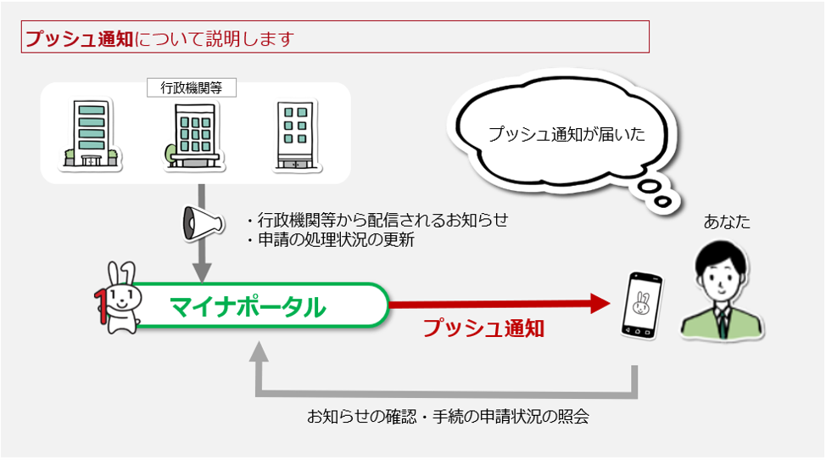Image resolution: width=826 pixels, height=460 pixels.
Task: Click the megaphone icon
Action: (x=203, y=223)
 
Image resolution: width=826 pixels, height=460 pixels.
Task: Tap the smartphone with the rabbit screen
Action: (x=642, y=305)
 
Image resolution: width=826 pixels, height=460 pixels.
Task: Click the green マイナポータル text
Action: (x=248, y=306)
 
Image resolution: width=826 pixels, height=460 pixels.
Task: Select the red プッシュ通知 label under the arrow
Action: (x=483, y=328)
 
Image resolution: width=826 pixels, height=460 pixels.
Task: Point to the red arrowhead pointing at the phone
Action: (x=600, y=304)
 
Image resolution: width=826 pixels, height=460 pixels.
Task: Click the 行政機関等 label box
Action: (x=191, y=88)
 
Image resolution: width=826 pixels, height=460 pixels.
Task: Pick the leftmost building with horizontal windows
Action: (x=91, y=134)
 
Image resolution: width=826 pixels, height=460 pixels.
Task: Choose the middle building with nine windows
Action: (x=193, y=136)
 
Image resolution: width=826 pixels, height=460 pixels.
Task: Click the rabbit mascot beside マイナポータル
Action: (x=118, y=299)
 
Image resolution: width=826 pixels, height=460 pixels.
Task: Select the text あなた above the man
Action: (x=727, y=222)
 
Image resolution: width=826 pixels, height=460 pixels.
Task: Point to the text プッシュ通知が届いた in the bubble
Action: (x=566, y=134)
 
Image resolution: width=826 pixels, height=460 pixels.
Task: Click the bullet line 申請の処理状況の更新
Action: (x=331, y=239)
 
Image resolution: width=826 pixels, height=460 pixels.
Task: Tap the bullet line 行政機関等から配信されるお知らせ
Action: (x=377, y=220)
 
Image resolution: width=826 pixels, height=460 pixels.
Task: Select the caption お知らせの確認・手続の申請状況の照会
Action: (x=448, y=417)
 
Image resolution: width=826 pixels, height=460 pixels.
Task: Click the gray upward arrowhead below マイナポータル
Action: (x=259, y=351)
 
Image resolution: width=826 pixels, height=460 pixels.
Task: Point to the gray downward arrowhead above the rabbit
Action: (x=202, y=273)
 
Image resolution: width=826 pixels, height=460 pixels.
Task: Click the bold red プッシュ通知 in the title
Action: (x=80, y=38)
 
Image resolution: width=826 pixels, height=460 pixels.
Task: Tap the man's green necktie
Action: (x=723, y=323)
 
